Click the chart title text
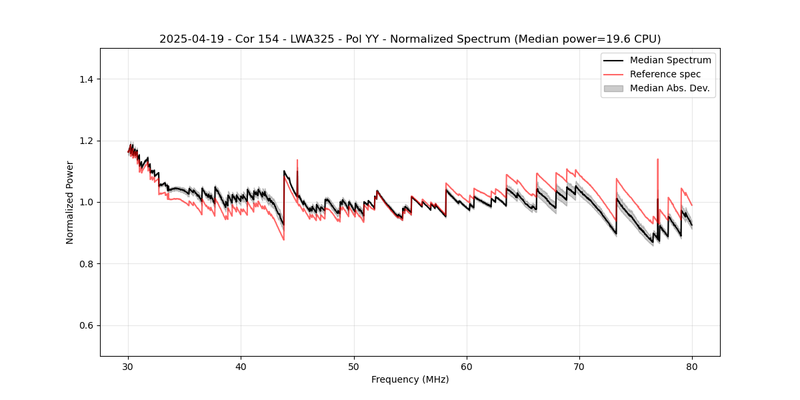coord(410,39)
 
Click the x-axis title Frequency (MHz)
coord(410,379)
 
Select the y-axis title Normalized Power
coord(70,202)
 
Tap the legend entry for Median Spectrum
coord(670,60)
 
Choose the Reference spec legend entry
coord(665,74)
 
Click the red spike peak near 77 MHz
coord(657,159)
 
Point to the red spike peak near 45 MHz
coord(297,160)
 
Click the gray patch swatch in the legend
coord(613,88)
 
